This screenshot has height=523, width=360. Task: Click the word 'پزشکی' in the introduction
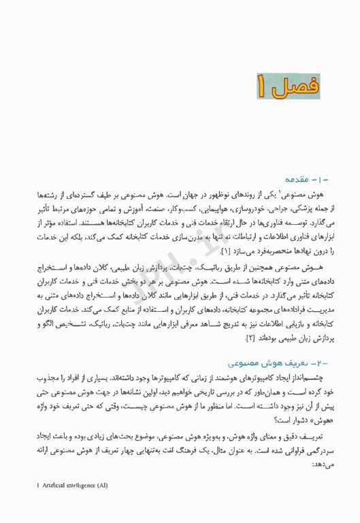pyautogui.click(x=294, y=208)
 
